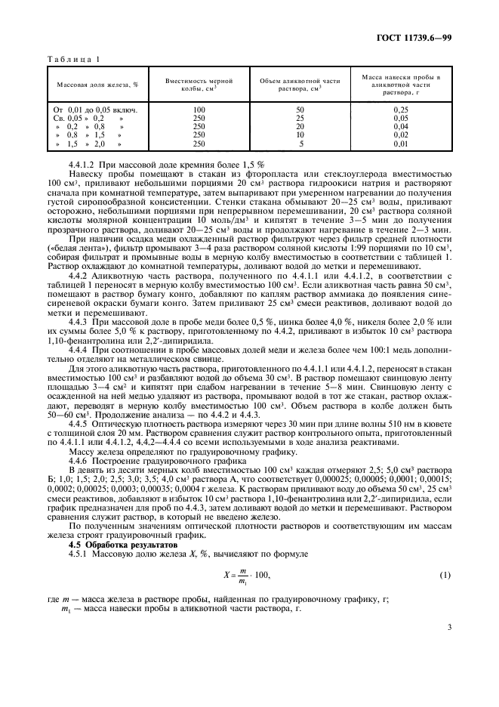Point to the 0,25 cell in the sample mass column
(x=401, y=110)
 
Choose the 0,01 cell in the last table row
(x=401, y=143)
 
